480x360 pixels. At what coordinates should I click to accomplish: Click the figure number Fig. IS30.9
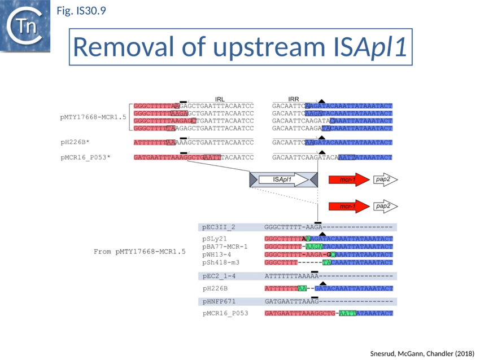[x=81, y=10]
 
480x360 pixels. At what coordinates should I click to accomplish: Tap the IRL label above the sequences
[x=220, y=99]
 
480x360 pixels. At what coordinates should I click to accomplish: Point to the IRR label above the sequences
[x=293, y=99]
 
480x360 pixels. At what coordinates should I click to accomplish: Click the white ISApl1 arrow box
[x=284, y=179]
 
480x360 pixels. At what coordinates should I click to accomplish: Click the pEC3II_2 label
[x=219, y=227]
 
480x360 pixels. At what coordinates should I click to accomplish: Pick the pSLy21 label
[x=215, y=239]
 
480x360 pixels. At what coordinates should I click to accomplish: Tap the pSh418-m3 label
[x=221, y=262]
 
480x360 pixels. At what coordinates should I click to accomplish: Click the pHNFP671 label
[x=219, y=301]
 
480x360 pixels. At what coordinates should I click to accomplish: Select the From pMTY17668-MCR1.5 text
[x=139, y=251]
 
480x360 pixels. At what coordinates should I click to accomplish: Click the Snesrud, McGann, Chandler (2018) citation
[x=418, y=353]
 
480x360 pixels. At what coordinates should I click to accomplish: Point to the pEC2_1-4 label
[x=219, y=276]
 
